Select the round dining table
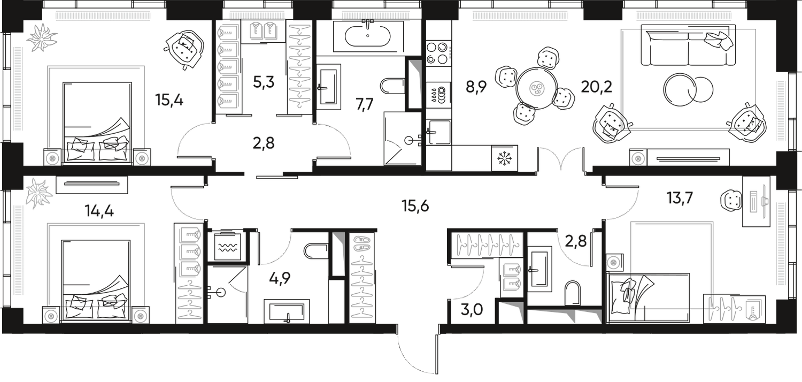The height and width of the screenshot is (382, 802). tap(536, 87)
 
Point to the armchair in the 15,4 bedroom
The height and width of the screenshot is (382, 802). tap(184, 49)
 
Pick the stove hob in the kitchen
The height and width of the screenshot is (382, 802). tap(440, 52)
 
